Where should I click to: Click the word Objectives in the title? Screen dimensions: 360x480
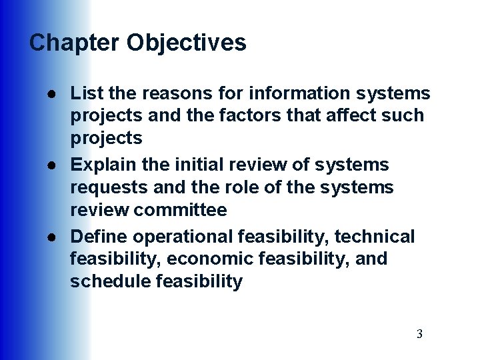[x=187, y=43]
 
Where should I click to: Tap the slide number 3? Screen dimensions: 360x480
[x=419, y=334]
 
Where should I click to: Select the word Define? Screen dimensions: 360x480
[x=99, y=237]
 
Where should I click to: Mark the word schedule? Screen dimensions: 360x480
[x=110, y=281]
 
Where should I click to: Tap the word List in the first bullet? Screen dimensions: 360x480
[x=85, y=93]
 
